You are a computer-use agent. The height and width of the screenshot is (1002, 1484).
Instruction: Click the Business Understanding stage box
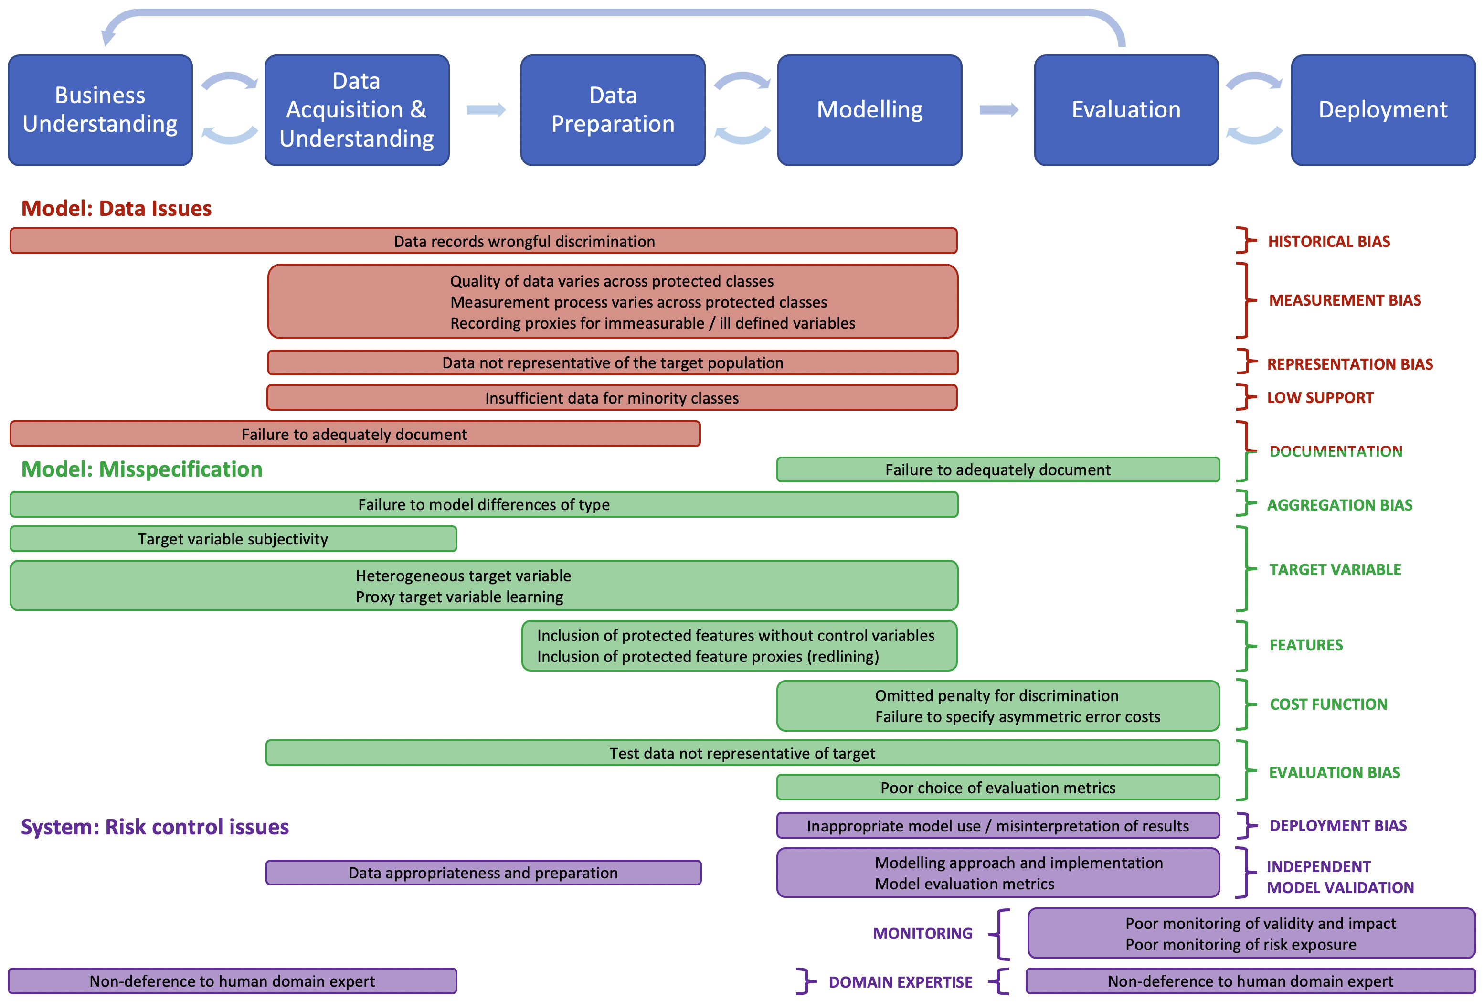[100, 110]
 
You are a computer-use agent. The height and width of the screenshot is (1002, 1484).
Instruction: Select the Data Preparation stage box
[613, 110]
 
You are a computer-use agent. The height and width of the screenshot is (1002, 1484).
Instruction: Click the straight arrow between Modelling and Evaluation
[998, 110]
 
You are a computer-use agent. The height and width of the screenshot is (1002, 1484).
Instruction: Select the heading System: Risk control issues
[155, 827]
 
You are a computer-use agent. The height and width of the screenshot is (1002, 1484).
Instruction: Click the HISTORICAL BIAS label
[1328, 241]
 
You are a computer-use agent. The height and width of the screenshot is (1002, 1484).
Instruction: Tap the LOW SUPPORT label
[1320, 398]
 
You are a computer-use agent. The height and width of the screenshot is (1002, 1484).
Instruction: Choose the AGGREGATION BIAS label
[1339, 505]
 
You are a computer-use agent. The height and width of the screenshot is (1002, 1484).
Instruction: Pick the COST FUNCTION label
[1328, 704]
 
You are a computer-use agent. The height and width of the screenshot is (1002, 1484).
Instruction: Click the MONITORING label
[922, 934]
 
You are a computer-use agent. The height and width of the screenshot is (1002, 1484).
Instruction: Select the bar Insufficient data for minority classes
[612, 398]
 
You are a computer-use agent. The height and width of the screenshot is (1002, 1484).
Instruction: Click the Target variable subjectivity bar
[233, 539]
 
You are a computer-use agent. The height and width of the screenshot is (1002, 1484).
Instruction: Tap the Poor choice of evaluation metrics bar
[997, 788]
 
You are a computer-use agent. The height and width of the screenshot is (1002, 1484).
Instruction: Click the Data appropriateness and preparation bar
[483, 873]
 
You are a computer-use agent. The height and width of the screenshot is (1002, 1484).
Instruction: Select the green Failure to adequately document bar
[997, 470]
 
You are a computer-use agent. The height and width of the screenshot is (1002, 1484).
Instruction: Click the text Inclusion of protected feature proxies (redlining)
[708, 657]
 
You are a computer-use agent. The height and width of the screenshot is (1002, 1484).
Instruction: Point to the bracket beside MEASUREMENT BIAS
[1245, 300]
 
